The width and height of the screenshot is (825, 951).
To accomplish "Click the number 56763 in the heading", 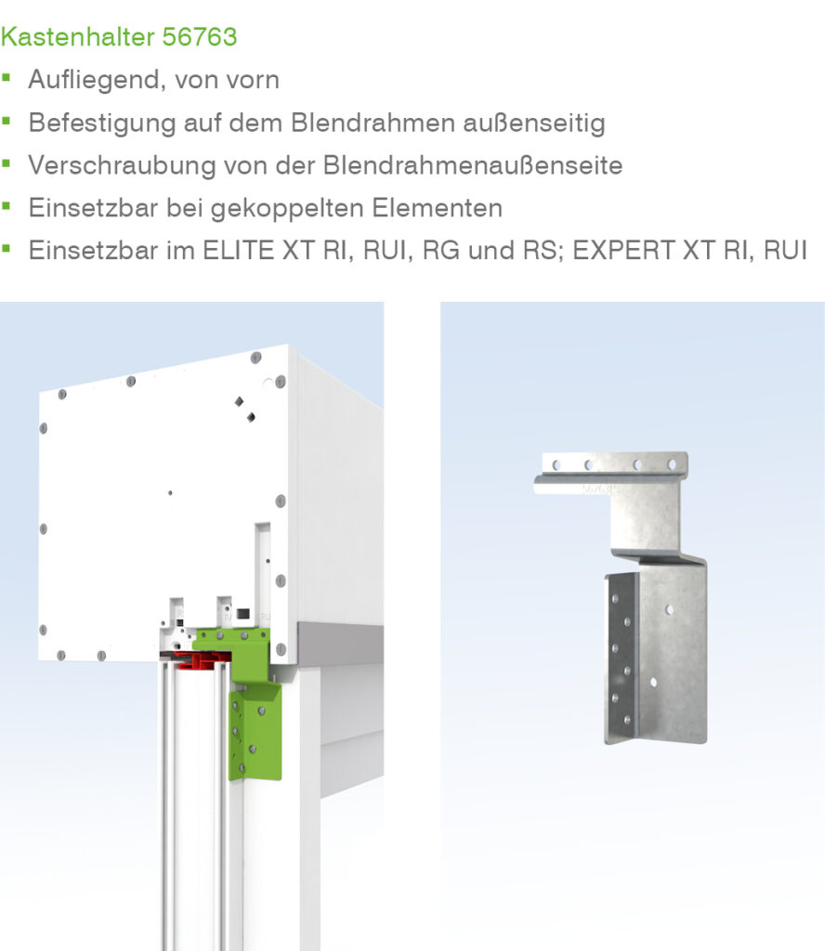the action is point(200,37).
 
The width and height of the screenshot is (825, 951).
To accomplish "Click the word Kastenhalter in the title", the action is point(78,37).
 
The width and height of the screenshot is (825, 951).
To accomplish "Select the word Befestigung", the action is point(102,124).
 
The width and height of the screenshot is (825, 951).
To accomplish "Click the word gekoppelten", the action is point(287,209).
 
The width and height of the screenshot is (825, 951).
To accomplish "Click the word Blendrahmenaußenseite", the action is point(473,165).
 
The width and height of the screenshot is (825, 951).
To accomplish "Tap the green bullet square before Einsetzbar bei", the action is point(7,205).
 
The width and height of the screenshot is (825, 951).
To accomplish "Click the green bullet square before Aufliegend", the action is point(7,77).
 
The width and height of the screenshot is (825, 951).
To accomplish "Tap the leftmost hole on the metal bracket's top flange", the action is point(556,465).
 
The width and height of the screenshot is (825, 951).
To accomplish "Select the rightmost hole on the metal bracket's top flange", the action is point(672,464).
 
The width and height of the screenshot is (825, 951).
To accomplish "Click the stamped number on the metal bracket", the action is point(596,489).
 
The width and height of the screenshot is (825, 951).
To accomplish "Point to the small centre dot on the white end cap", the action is point(170,493).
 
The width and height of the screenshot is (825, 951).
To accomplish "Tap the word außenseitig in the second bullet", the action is point(534,124).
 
